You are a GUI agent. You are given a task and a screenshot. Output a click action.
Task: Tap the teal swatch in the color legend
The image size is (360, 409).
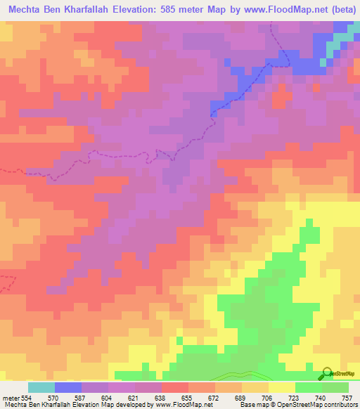click(41, 387)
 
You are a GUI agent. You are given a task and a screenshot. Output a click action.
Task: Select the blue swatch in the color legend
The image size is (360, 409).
click(68, 387)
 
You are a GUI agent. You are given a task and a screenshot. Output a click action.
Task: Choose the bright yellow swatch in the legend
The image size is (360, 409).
click(281, 387)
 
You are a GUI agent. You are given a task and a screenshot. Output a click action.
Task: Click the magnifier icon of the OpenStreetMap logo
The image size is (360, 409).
click(324, 375)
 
